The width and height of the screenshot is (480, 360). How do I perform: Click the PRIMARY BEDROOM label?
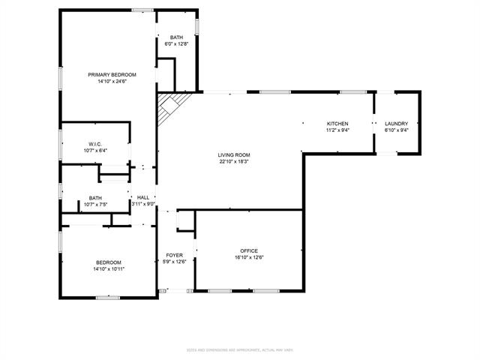[x=112, y=74]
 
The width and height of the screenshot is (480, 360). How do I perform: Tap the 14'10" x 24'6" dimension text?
[x=112, y=82]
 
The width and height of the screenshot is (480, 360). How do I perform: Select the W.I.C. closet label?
[x=94, y=143]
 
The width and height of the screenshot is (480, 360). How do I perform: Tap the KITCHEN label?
[x=337, y=124]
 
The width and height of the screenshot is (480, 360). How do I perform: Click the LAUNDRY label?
[x=396, y=124]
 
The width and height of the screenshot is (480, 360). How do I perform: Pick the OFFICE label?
[x=249, y=250]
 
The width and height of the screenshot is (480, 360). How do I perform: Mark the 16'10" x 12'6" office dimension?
[x=249, y=258]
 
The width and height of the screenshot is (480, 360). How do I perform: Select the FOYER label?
[x=175, y=255]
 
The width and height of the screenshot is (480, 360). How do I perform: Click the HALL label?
[x=142, y=197]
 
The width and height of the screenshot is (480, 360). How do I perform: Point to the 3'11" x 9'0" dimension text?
[x=142, y=204]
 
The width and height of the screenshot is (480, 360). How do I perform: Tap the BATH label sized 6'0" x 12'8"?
[x=176, y=37]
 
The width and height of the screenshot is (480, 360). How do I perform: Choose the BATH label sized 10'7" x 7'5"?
[x=94, y=197]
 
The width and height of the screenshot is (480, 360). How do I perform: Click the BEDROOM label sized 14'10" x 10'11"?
[x=108, y=262]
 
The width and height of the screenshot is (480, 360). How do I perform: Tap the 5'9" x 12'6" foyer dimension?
[x=175, y=262]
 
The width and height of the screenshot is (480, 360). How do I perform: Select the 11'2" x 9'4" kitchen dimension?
[x=337, y=130]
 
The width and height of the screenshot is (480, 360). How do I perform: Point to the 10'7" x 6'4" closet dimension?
[x=94, y=150]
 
